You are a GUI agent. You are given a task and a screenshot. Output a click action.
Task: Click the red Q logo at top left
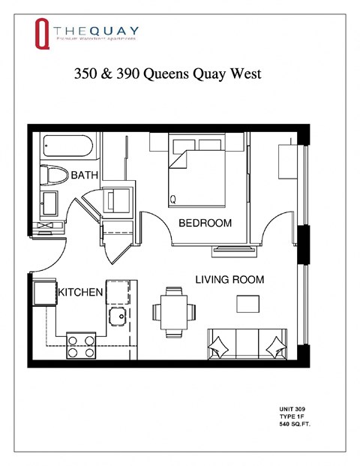point(43,34)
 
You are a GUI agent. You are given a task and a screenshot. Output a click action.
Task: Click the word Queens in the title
point(174,75)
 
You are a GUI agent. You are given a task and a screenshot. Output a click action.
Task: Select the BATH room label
point(85,175)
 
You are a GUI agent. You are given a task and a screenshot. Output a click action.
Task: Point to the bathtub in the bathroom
point(68,145)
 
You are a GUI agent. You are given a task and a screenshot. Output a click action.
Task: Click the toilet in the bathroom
point(53,176)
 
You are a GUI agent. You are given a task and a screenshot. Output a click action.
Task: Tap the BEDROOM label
point(205,223)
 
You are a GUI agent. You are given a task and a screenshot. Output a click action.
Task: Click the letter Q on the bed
point(173,200)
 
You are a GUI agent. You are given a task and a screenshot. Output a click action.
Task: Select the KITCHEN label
point(80,292)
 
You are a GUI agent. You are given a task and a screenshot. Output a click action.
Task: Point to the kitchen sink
point(118,316)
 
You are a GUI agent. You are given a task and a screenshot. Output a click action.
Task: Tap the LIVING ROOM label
point(229,279)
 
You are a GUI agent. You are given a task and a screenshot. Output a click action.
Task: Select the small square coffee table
point(248,303)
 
